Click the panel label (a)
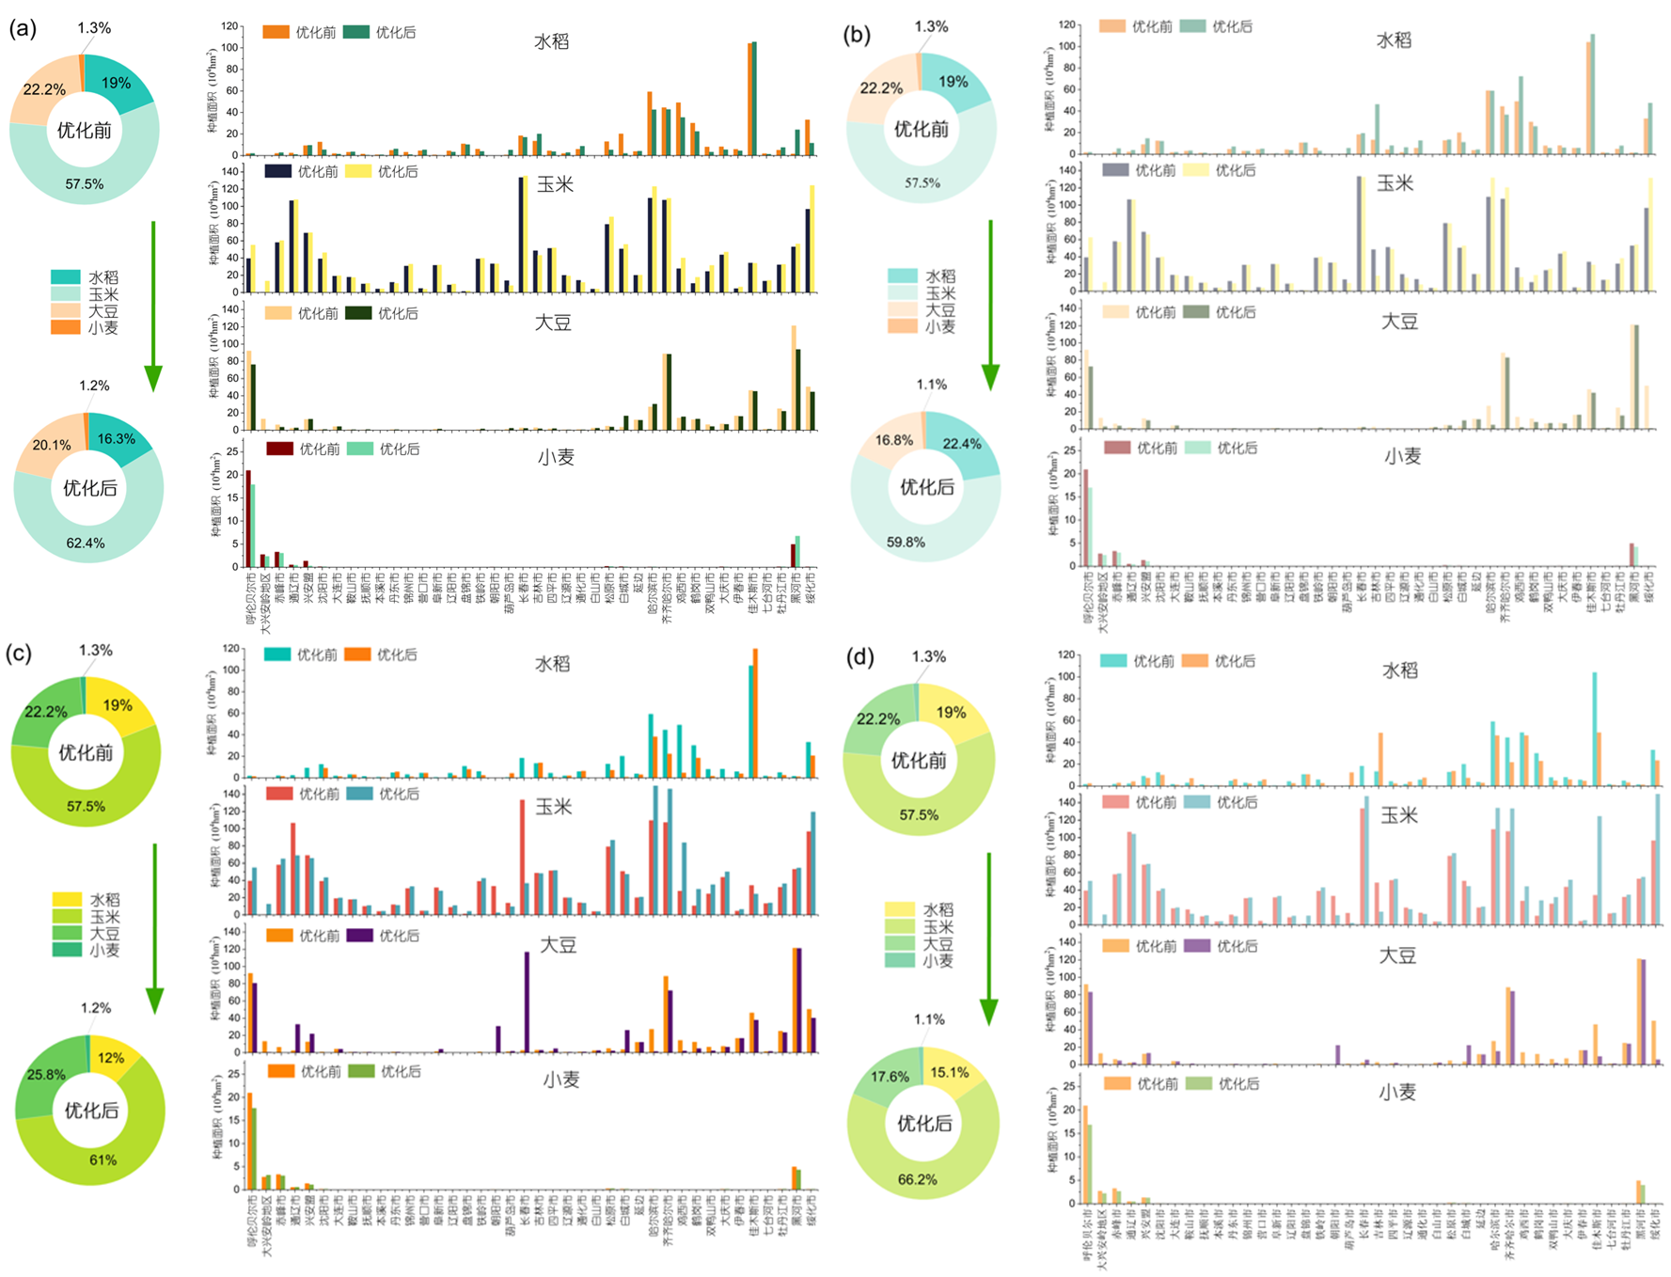coord(23,29)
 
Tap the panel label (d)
coord(860,656)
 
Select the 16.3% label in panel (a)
coord(117,439)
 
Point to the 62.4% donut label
coord(86,544)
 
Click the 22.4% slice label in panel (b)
coord(962,444)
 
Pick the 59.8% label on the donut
coord(906,543)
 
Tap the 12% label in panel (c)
coord(111,1058)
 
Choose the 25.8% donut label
coord(46,1075)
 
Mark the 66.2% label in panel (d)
coord(918,1179)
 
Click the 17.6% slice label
coord(890,1077)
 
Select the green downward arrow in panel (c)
coord(154,926)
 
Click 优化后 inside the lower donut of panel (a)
coord(90,488)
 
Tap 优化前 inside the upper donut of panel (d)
coord(919,761)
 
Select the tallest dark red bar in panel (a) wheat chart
coord(248,518)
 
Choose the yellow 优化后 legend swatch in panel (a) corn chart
coord(358,172)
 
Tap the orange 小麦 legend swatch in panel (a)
coord(66,327)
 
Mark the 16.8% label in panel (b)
coord(893,440)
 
